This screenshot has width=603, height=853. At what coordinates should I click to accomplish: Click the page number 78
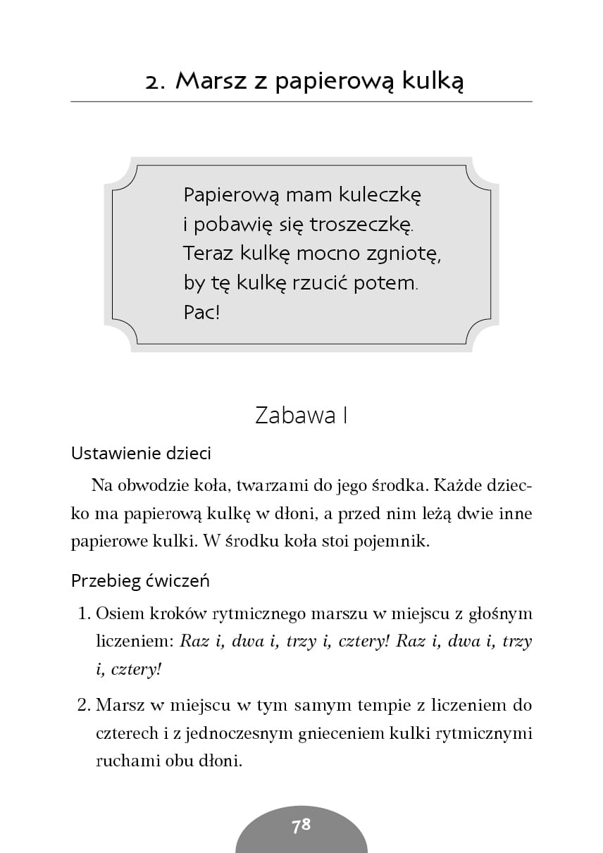(301, 826)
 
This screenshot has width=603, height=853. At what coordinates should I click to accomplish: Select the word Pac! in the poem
(202, 312)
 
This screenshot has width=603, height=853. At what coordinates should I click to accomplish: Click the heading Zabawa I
(301, 416)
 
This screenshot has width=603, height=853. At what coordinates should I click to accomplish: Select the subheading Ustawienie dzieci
(141, 454)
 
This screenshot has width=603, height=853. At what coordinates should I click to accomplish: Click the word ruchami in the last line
(122, 761)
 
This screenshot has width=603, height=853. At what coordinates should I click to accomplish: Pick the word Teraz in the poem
(205, 253)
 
